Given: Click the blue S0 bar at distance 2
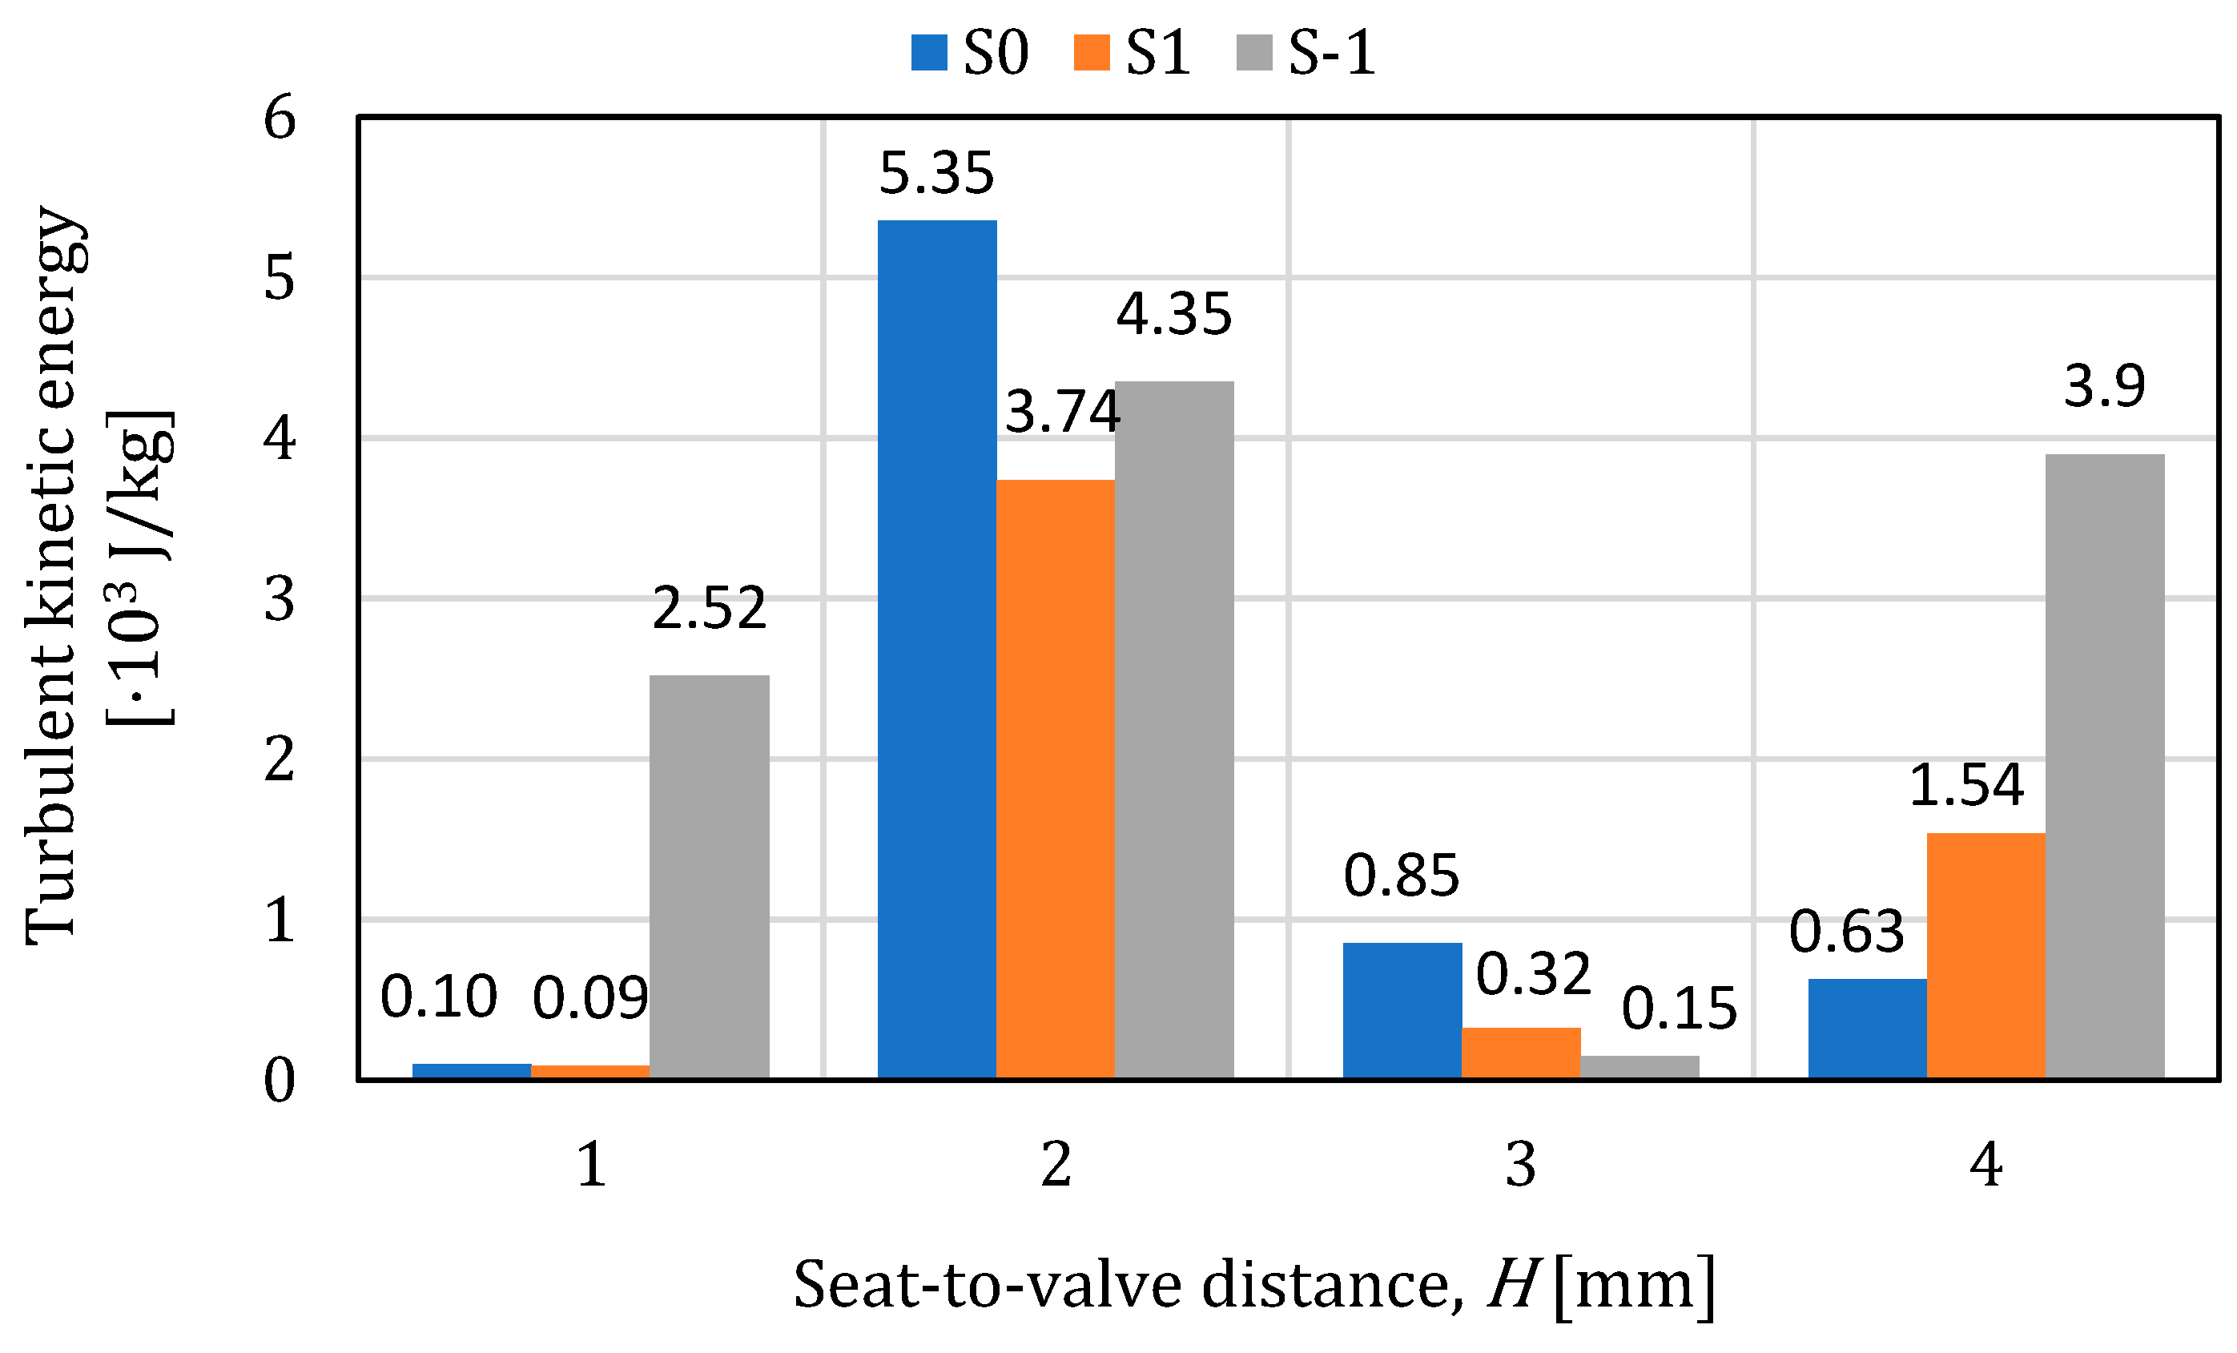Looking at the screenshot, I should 937,649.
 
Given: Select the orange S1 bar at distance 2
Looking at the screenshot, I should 1055,779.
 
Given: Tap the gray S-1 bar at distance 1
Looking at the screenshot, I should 709,876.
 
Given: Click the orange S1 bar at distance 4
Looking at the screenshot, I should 1986,956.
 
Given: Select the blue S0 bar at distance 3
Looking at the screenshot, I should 1402,1010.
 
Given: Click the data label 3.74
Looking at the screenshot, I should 1062,412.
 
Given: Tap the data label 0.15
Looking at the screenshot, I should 1679,1008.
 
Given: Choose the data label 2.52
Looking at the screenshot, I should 709,607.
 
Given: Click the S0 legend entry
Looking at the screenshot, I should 970,52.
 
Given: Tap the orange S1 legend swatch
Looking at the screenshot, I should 1091,53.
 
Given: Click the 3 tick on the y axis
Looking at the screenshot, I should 280,599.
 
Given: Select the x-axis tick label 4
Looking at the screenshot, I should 1986,1165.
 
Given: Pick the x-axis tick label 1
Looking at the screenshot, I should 591,1165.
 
